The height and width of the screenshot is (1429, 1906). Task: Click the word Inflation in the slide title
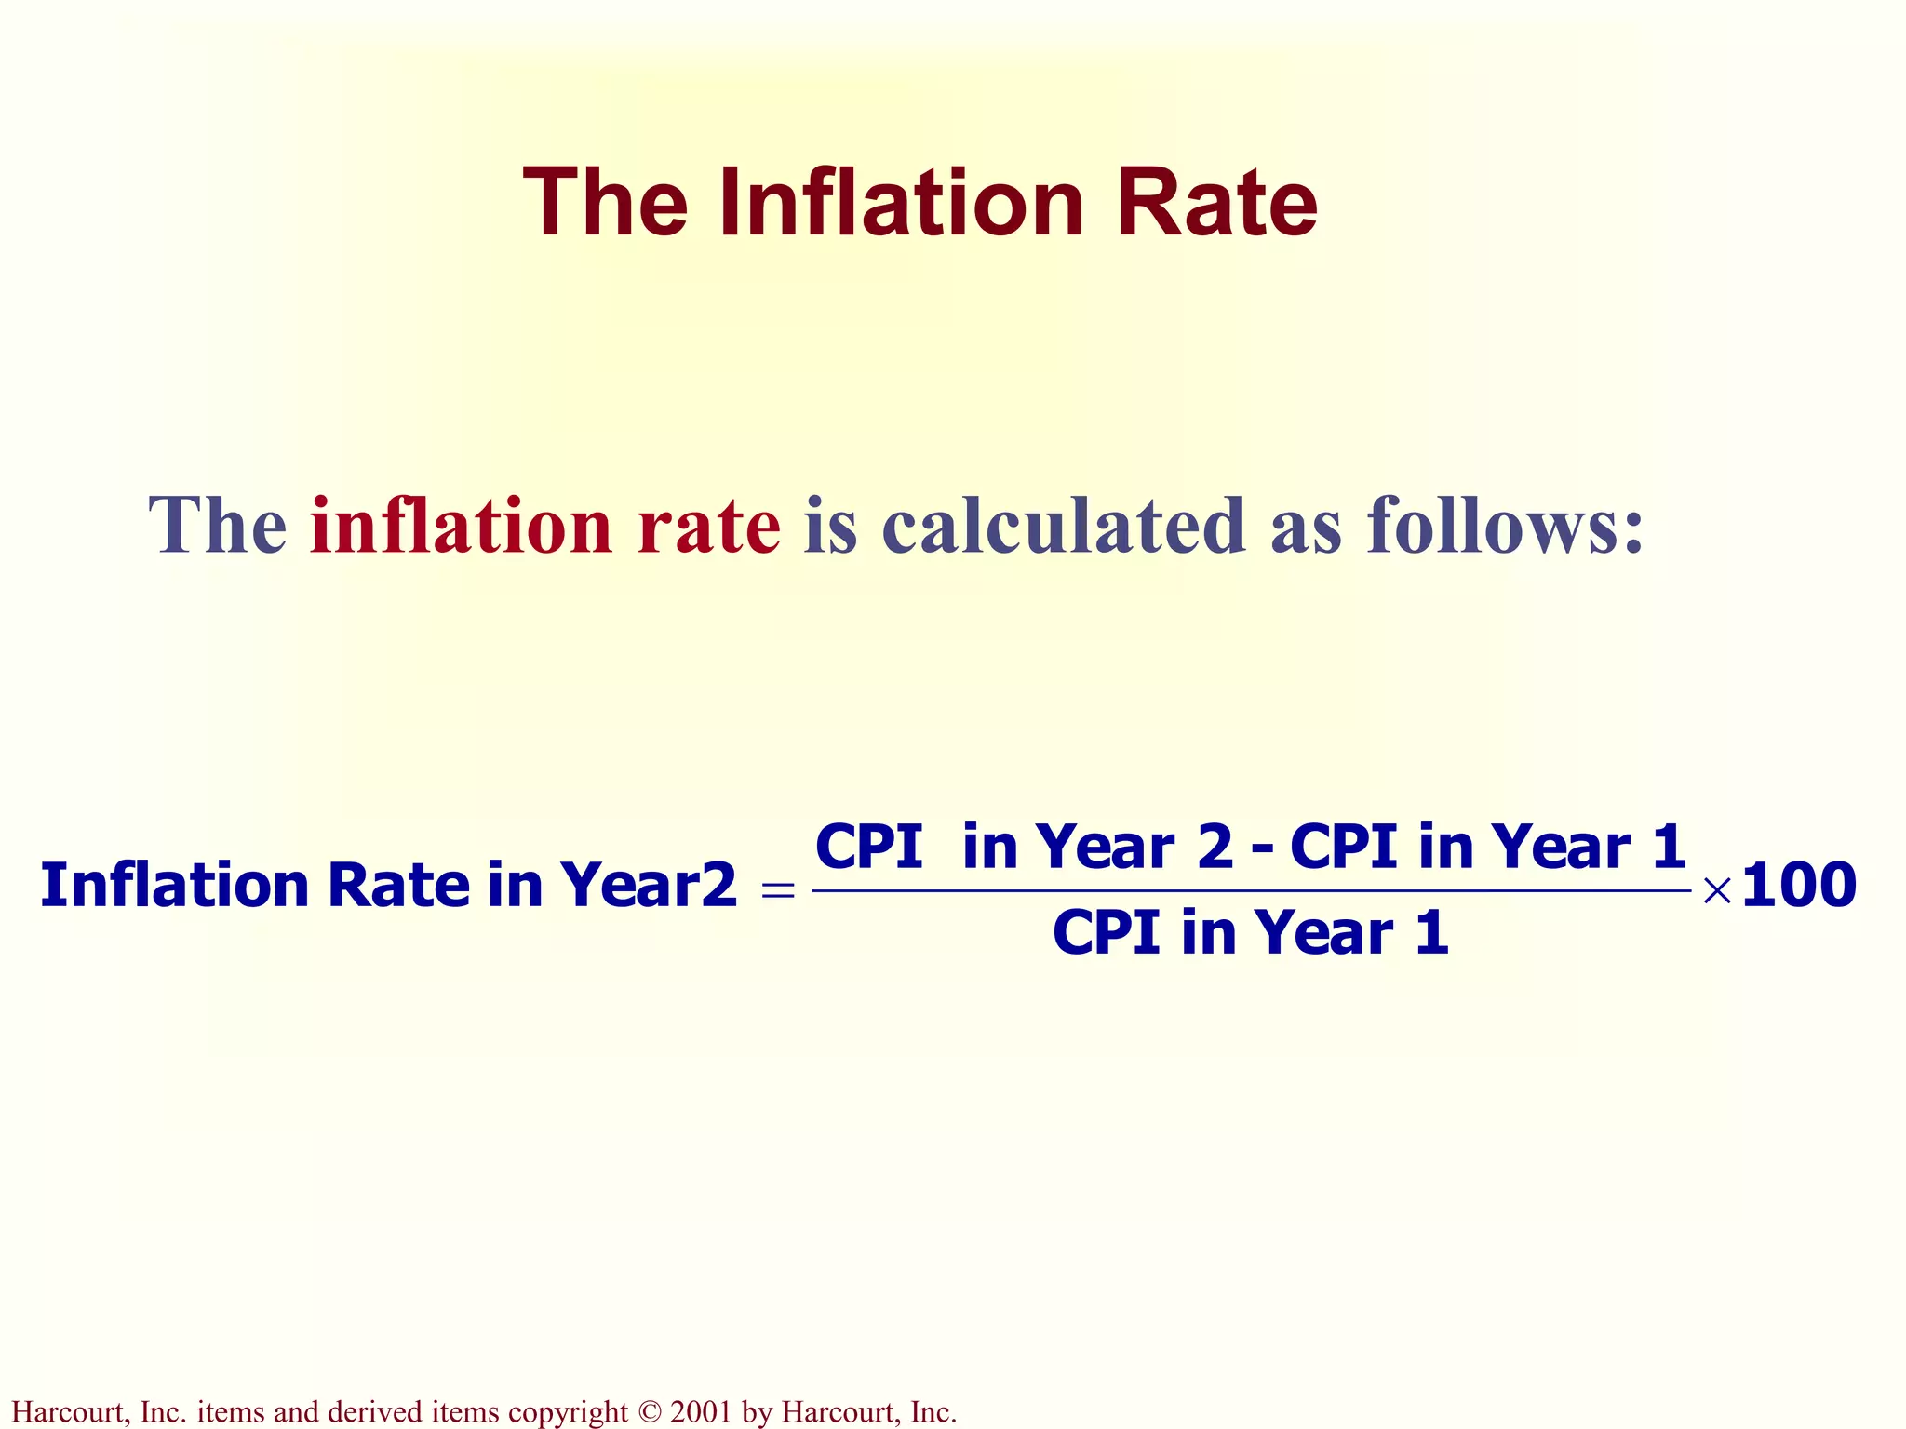pos(901,203)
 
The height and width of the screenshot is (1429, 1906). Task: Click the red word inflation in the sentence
pos(461,526)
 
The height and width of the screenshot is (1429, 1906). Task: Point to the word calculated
pos(1063,526)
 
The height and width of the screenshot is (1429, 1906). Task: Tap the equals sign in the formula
pos(778,890)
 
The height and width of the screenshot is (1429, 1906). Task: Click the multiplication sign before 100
pos(1717,890)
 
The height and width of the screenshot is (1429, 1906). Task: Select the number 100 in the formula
pos(1798,885)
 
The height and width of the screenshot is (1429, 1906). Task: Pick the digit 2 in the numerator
pos(1215,848)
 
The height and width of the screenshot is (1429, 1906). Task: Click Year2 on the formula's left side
pos(648,885)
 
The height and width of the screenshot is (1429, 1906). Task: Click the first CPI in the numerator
pos(868,848)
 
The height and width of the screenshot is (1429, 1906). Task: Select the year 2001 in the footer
pos(701,1412)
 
